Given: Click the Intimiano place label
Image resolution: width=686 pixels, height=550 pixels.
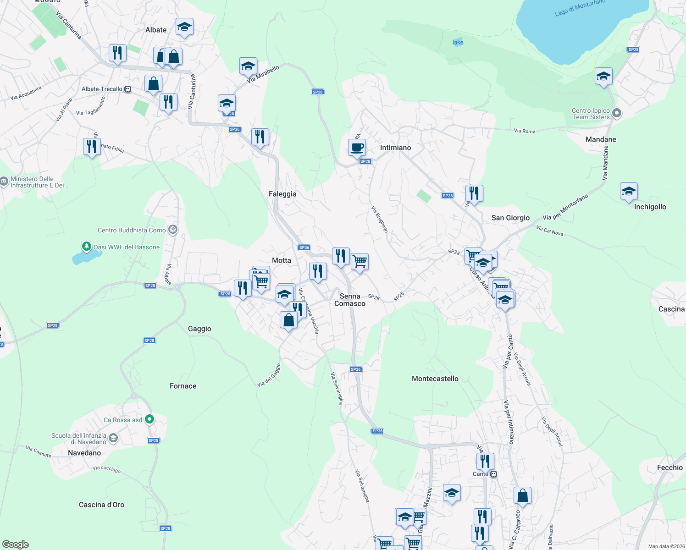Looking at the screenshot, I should click(395, 148).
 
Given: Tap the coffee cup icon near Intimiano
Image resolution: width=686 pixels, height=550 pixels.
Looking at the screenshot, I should click(357, 148).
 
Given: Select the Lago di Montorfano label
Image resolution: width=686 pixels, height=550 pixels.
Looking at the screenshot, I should click(580, 8).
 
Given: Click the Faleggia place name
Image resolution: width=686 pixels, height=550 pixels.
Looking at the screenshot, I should click(282, 194).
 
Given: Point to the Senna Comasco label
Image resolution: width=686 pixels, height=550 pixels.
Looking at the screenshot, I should click(350, 300).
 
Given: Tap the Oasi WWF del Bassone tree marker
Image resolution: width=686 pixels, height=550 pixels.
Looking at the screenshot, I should click(86, 247).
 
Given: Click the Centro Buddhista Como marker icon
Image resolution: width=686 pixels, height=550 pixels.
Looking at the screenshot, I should click(173, 230).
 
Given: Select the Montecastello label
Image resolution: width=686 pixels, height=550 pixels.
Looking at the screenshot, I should click(435, 379).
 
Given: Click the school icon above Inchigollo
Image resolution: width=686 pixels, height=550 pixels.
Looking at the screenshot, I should click(629, 191).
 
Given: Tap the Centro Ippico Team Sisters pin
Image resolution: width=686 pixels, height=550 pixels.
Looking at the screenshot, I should click(617, 113).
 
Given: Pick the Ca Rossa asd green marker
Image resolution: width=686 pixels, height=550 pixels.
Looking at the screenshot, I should click(149, 419).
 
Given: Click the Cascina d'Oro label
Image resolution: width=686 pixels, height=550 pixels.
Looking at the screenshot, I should click(101, 505).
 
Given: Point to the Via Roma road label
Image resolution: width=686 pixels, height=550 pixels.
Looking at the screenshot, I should click(525, 131).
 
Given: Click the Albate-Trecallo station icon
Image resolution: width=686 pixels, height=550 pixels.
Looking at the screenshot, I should click(128, 89).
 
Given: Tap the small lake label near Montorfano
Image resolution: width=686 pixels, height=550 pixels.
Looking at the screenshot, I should click(458, 42).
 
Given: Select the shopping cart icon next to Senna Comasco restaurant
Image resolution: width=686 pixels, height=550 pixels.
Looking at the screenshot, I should click(360, 261).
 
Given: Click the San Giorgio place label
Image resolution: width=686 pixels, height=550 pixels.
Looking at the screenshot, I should click(510, 218).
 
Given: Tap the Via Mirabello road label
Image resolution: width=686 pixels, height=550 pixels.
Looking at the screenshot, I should click(263, 74).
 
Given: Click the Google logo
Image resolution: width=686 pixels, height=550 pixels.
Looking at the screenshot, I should click(16, 544).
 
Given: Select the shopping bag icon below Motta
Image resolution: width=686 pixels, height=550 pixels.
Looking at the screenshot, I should click(289, 319).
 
